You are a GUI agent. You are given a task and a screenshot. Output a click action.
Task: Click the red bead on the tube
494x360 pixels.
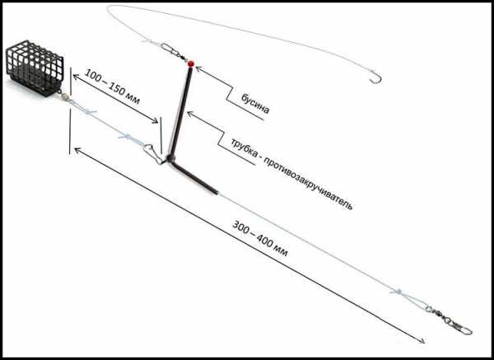[191, 63]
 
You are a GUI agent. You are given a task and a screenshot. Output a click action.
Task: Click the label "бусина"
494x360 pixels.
[255, 104]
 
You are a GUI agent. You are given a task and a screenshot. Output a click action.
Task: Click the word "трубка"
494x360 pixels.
[243, 147]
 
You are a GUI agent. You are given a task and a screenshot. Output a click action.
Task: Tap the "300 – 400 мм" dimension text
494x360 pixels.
[260, 239]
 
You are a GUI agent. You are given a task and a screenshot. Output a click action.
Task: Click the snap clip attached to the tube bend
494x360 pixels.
[153, 153]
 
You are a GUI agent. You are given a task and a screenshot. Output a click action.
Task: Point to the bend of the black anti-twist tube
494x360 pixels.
[170, 158]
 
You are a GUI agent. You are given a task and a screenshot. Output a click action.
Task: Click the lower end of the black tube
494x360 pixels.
[215, 191]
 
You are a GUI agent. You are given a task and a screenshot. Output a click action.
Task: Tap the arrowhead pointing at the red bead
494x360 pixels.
[198, 68]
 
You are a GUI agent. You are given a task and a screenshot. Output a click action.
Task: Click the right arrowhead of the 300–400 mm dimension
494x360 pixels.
[422, 341]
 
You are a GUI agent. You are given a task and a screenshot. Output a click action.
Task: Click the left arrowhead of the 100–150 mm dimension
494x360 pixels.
[77, 77]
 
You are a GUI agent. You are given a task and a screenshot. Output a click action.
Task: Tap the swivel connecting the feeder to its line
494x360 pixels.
[64, 94]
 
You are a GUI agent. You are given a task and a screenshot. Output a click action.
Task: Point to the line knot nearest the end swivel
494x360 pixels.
[398, 292]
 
